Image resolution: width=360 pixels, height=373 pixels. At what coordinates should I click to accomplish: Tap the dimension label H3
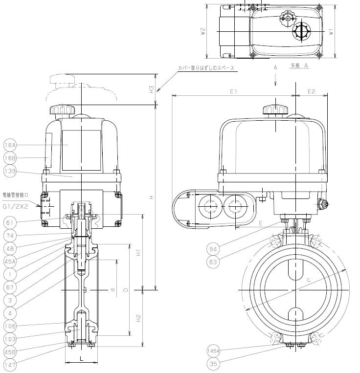pos(152,89)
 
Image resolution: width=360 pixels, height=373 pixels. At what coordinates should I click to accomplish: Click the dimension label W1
pos(331,31)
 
